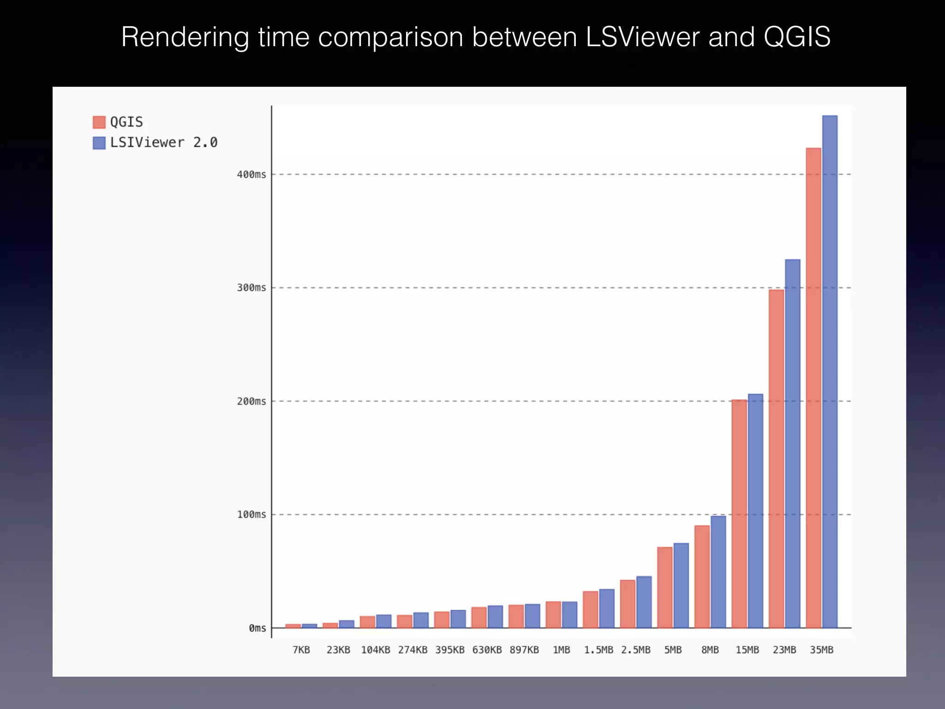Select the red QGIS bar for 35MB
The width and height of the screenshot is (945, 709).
pos(813,388)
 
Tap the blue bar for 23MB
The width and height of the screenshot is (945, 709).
pos(793,443)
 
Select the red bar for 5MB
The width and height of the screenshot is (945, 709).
pos(665,587)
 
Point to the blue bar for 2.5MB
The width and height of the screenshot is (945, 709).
pos(644,602)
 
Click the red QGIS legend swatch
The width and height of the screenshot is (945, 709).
pos(99,122)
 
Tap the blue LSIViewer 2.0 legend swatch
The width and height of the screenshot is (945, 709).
pos(99,143)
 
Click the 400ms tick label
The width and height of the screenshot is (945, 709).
pos(251,174)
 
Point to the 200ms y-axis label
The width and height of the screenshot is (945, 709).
pos(251,401)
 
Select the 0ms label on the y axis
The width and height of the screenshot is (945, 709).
pos(257,628)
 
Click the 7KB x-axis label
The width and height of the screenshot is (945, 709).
pos(301,650)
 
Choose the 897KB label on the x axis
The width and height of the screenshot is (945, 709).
pos(524,650)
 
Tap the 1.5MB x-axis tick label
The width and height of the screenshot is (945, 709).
pos(598,650)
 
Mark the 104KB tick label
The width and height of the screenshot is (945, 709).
pos(376,650)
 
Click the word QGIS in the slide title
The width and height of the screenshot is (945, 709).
pos(797,37)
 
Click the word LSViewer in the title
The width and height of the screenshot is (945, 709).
pos(643,37)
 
